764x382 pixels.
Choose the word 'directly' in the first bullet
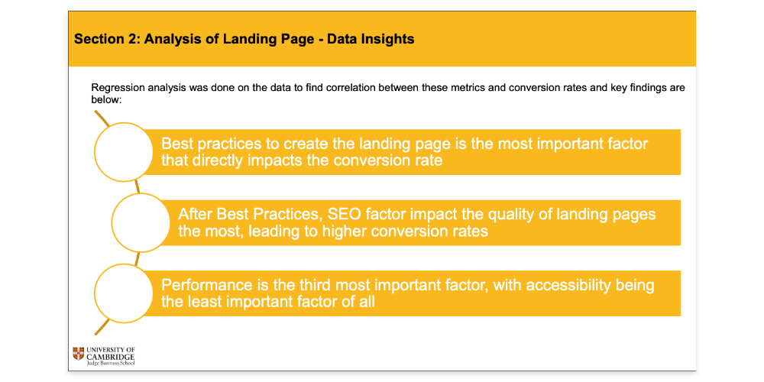click(219, 160)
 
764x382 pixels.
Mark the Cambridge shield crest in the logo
click(79, 353)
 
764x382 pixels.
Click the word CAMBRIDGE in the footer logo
click(111, 356)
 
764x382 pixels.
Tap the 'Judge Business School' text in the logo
click(111, 362)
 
